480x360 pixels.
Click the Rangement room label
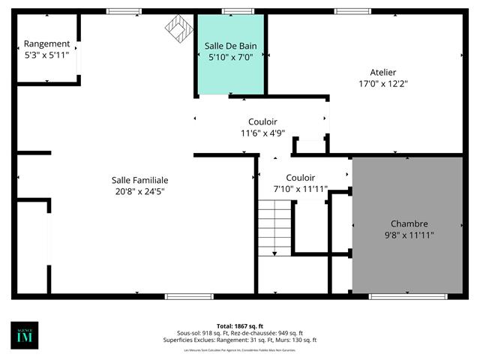46,43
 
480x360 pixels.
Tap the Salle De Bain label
231,46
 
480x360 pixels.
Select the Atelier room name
382,73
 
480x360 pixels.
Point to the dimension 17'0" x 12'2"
382,84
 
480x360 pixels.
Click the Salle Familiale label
139,180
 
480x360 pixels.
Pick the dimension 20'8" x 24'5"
139,191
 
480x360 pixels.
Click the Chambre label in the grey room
409,223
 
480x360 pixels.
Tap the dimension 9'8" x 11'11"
409,235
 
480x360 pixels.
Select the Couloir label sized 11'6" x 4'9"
262,121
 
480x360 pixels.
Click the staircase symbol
274,229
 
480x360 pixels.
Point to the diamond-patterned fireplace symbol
178,28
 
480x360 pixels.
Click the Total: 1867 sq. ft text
240,326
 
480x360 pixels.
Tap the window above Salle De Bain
238,11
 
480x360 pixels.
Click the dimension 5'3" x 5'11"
46,55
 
